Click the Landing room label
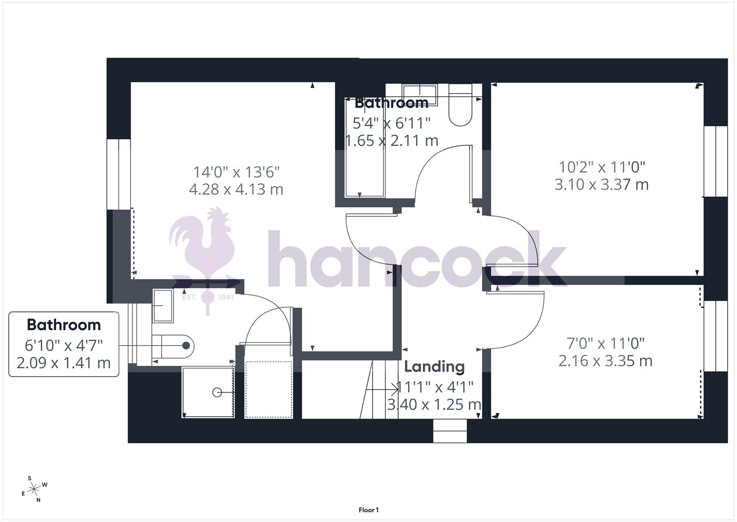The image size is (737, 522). click(434, 367)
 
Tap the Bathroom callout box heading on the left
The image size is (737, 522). click(64, 325)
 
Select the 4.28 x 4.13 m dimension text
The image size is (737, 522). click(236, 189)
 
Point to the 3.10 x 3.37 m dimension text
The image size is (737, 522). click(601, 185)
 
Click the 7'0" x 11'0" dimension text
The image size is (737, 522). click(605, 344)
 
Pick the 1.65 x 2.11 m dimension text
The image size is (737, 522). click(392, 141)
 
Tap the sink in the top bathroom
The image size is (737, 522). click(419, 92)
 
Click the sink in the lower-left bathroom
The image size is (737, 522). click(163, 305)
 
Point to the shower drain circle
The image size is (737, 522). click(217, 392)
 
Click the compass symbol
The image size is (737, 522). click(34, 489)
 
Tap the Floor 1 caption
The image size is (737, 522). click(368, 510)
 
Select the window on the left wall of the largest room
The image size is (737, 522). click(118, 174)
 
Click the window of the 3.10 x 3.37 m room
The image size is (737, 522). click(715, 161)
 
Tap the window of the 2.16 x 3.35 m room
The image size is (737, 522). click(715, 336)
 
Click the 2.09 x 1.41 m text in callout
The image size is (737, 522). click(64, 362)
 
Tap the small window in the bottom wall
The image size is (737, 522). click(450, 431)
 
